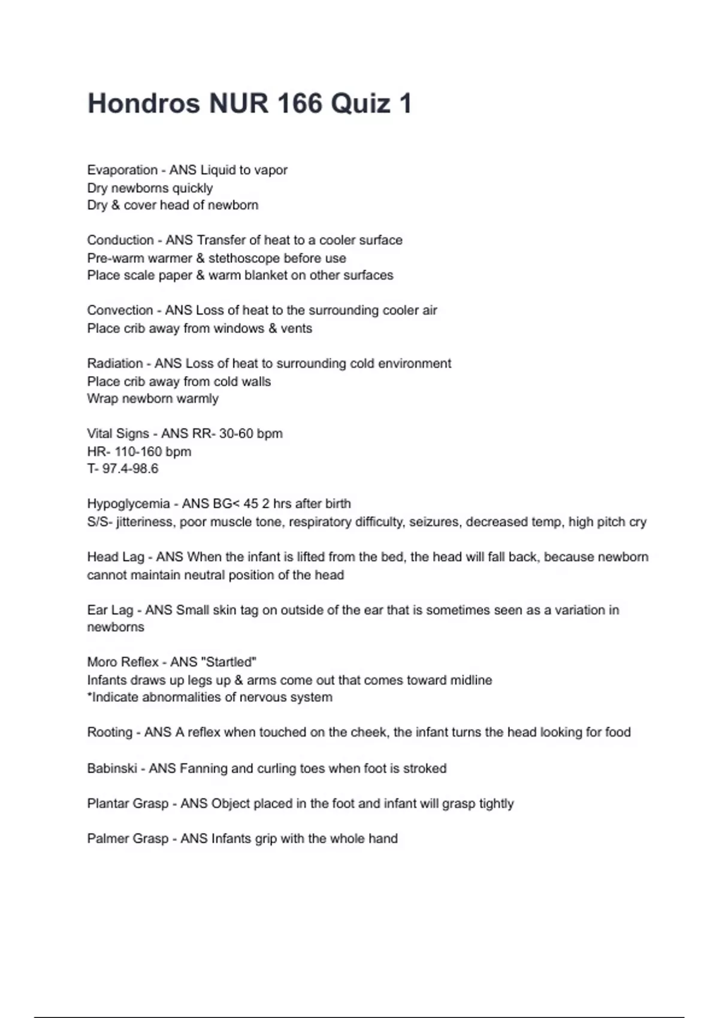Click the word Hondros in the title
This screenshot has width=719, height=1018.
pos(144,103)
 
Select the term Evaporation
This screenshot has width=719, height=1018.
pos(122,170)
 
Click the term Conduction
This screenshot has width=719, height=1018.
pos(120,240)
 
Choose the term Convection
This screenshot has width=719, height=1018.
pos(120,310)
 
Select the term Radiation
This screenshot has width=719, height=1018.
pos(114,363)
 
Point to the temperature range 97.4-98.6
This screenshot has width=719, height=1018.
pos(130,469)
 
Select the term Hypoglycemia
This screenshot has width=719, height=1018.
pos(128,504)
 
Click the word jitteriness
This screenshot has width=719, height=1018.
pos(144,522)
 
